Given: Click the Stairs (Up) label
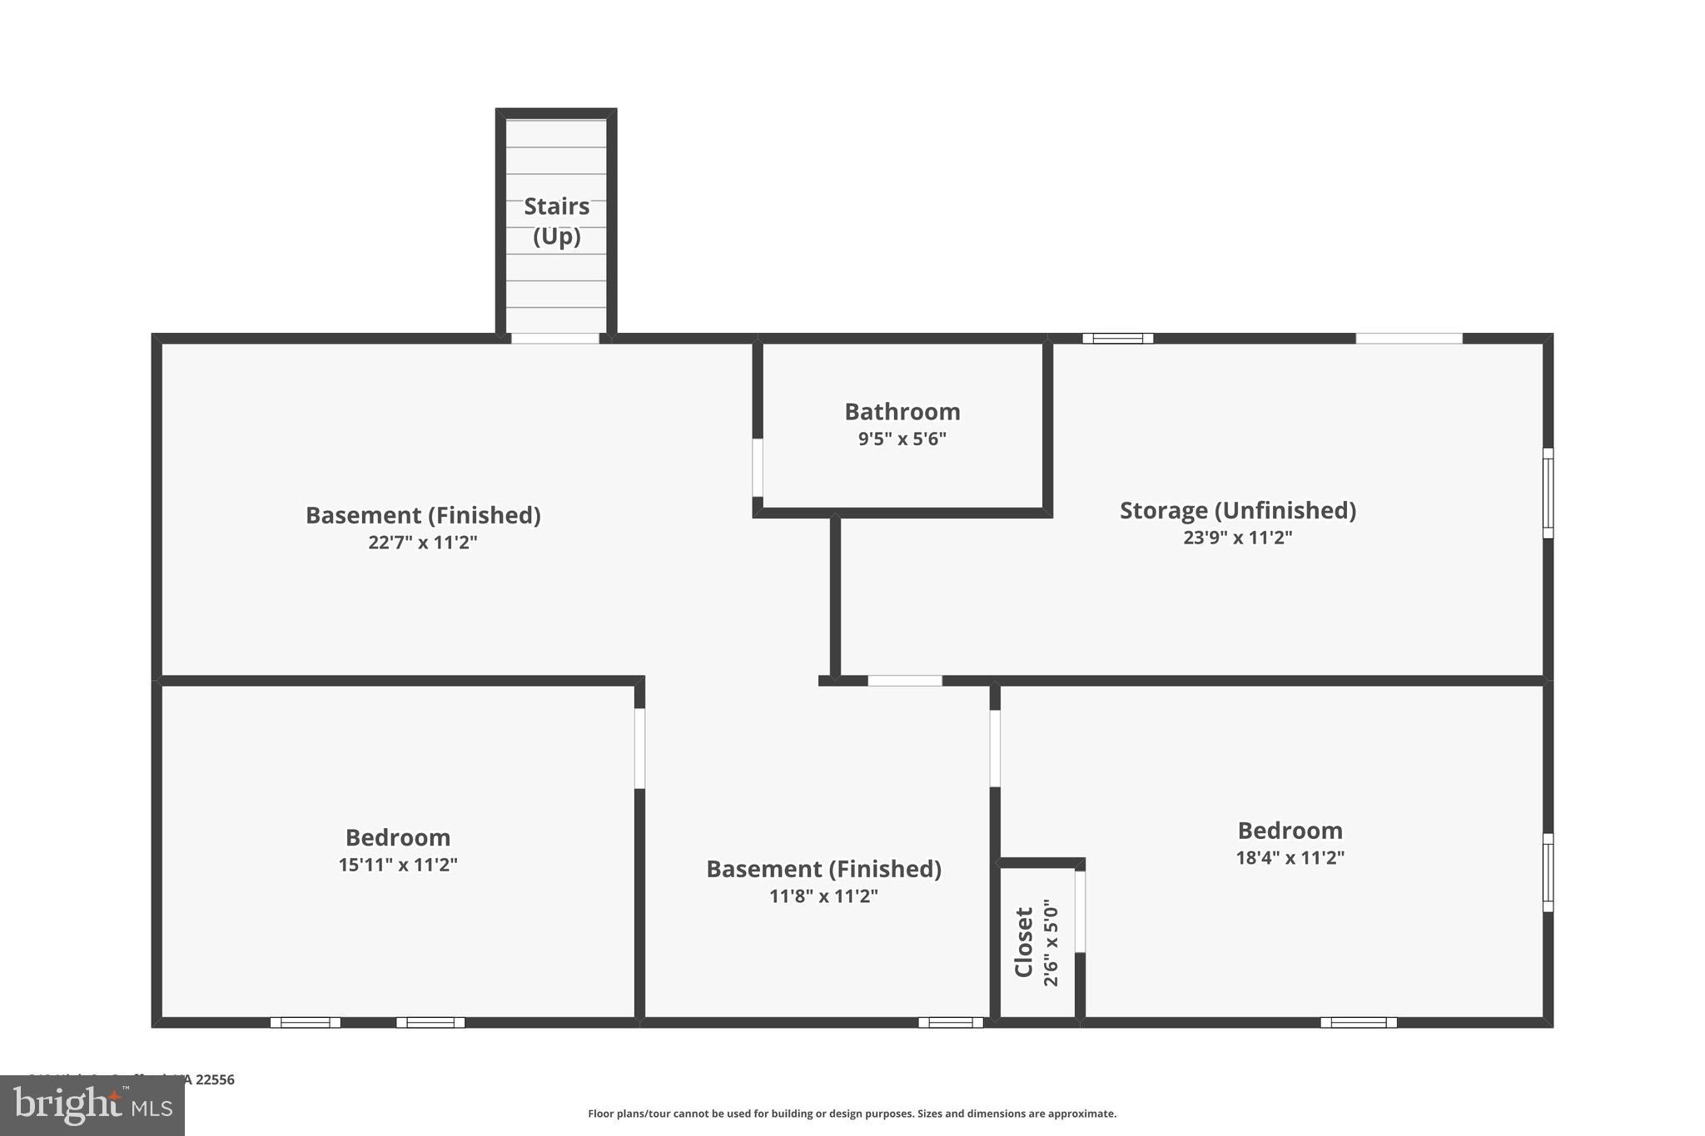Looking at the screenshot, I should click(x=556, y=221).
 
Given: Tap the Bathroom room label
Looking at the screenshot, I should click(x=902, y=412).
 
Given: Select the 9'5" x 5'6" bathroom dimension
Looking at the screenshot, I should click(x=902, y=439).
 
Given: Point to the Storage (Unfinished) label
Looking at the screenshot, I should click(x=1237, y=510).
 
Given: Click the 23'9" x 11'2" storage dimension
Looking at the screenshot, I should click(x=1237, y=538).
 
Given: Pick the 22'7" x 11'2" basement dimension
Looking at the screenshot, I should click(x=423, y=543).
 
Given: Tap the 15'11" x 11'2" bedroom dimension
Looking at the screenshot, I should click(x=398, y=865).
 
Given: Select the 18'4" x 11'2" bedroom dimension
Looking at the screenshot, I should click(x=1290, y=858).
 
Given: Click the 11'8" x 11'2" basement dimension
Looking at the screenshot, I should click(x=823, y=896).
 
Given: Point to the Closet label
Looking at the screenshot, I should click(x=1024, y=941).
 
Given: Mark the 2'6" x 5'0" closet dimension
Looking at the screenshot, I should click(x=1051, y=942).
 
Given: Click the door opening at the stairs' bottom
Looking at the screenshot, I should click(x=555, y=339).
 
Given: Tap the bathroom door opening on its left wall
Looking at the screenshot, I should click(x=758, y=468).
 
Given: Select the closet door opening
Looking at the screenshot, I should click(x=1080, y=911).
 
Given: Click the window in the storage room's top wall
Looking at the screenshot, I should click(x=1117, y=339).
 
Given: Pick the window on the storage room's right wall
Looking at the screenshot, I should click(x=1548, y=493).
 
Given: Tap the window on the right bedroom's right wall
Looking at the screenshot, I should click(x=1548, y=872).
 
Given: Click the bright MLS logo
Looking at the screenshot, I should click(x=92, y=1106).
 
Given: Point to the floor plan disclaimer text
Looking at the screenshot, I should click(x=852, y=1114).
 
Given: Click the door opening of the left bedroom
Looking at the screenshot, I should click(x=639, y=748).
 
